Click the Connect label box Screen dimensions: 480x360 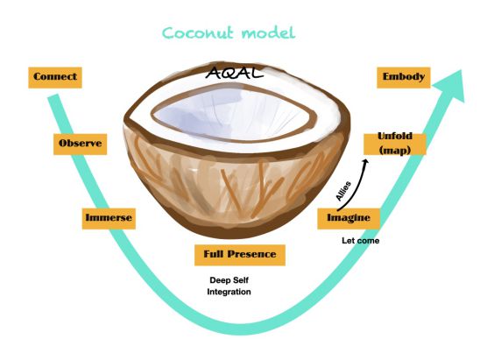coord(55,78)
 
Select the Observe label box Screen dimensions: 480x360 coord(81,144)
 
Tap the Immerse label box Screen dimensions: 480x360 coord(109,219)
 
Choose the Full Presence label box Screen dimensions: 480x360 coord(240,255)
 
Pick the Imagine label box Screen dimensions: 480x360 coord(349,219)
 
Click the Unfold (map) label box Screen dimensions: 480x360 coord(395,144)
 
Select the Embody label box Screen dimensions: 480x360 coord(404,78)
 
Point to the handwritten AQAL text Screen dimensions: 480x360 coord(234,73)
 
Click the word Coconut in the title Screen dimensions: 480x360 coord(198,33)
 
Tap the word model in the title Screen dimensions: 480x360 coord(269,33)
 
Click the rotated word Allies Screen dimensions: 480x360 coord(343,191)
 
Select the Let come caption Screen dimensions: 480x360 coord(361,241)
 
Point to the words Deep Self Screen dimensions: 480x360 coord(229,280)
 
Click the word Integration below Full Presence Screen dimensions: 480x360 coord(229,292)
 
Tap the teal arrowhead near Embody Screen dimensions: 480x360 coord(454,86)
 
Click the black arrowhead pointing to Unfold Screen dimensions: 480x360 coord(365,162)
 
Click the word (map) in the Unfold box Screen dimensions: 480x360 coord(395,150)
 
